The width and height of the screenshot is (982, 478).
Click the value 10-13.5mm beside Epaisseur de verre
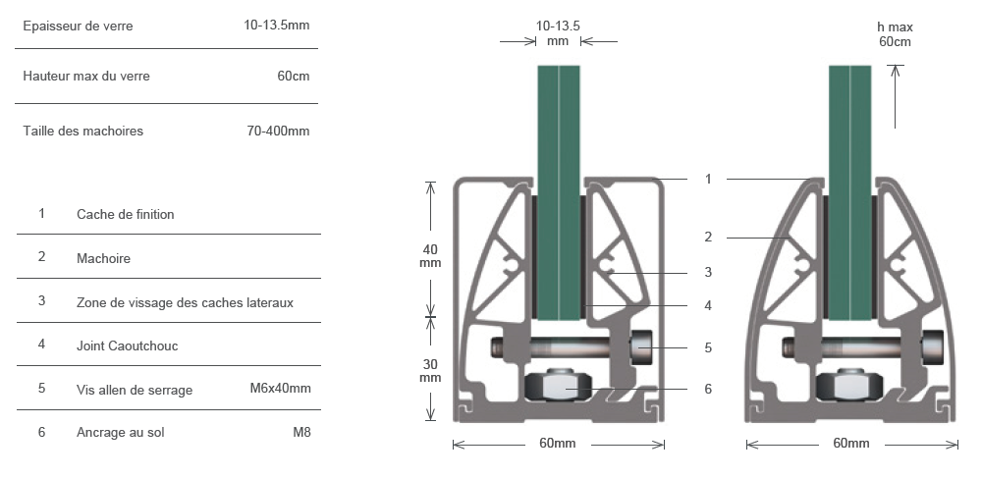[x=276, y=25]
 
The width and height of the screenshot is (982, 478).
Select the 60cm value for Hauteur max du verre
[x=293, y=76]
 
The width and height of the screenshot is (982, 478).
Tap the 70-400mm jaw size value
[x=278, y=131]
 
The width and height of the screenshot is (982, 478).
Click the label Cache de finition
[x=126, y=214]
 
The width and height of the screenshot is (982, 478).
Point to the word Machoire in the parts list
[x=103, y=258]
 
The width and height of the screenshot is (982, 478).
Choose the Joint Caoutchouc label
[x=127, y=346]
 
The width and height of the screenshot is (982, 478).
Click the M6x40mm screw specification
[x=280, y=388]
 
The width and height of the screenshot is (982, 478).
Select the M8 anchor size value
[x=301, y=432]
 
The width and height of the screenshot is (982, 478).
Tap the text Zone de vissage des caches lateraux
[x=185, y=303]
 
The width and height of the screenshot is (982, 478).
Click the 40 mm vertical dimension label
[x=430, y=256]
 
